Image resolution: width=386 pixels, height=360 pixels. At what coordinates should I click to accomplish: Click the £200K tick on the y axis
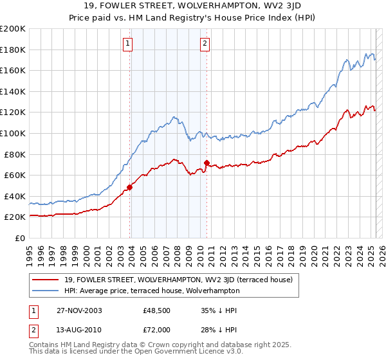click(x=13, y=29)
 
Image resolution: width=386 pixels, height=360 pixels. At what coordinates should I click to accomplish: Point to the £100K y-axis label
click(x=13, y=133)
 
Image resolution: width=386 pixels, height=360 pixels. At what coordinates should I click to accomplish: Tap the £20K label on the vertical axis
click(x=15, y=217)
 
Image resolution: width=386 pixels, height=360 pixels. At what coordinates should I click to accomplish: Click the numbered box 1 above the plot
click(x=128, y=44)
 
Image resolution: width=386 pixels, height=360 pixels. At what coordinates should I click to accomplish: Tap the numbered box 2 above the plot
click(x=205, y=44)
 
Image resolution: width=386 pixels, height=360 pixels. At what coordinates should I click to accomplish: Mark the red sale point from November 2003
click(x=129, y=187)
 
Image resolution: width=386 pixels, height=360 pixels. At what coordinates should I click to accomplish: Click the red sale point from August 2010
click(x=207, y=163)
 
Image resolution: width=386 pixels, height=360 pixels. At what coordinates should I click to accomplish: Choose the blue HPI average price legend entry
click(x=152, y=291)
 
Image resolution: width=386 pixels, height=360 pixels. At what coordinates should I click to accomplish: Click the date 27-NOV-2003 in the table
click(x=80, y=310)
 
